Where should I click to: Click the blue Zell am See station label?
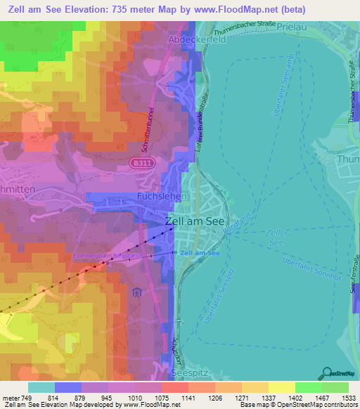(199, 252)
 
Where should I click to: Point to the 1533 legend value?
(348, 398)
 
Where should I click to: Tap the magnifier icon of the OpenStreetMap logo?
(326, 373)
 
